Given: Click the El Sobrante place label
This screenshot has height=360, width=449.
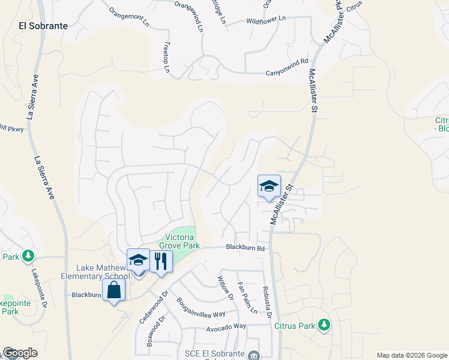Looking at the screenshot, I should [43, 26].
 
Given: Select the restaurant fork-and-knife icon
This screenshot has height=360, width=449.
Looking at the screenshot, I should [161, 262].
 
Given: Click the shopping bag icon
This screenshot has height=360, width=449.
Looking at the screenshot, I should [113, 290].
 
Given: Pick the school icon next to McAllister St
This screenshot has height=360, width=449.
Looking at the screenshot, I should [269, 186].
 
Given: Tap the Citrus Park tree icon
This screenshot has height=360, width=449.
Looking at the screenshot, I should [324, 325].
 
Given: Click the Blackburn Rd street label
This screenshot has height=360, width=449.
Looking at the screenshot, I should [246, 248].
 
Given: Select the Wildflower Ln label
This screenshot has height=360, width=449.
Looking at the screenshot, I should [267, 20].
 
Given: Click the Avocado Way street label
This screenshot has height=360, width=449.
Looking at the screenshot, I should [226, 326].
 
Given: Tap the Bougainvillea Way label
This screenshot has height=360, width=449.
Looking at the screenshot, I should [200, 307].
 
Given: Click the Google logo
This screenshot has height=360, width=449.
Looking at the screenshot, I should [20, 353].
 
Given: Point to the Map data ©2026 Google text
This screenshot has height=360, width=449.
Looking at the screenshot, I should [412, 355].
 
